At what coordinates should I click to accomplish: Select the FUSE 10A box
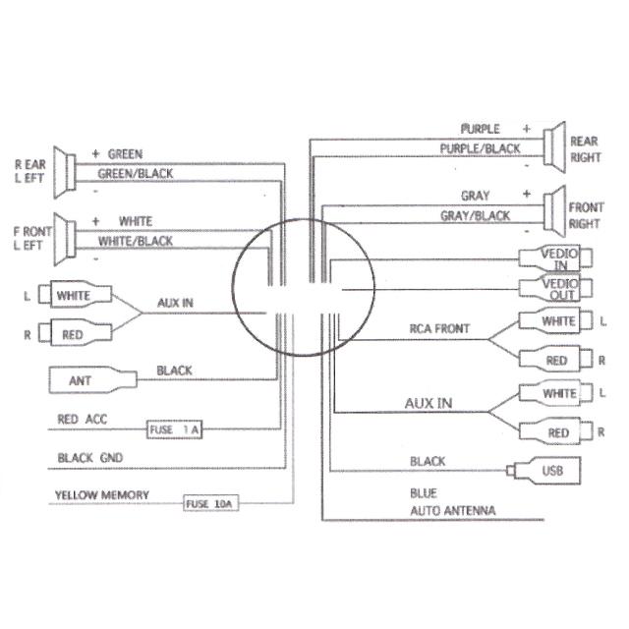(210, 504)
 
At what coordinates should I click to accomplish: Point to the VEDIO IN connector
(554, 257)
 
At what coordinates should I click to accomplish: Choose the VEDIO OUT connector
(554, 290)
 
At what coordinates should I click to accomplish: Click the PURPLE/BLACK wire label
(480, 148)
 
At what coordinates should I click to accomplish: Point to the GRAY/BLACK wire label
(475, 215)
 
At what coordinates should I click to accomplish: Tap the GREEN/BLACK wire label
(136, 174)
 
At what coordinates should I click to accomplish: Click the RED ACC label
(82, 420)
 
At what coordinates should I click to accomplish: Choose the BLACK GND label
(89, 458)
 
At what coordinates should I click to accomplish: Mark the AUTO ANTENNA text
(452, 511)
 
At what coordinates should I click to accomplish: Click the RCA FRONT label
(439, 328)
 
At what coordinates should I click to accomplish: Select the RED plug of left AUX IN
(71, 334)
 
